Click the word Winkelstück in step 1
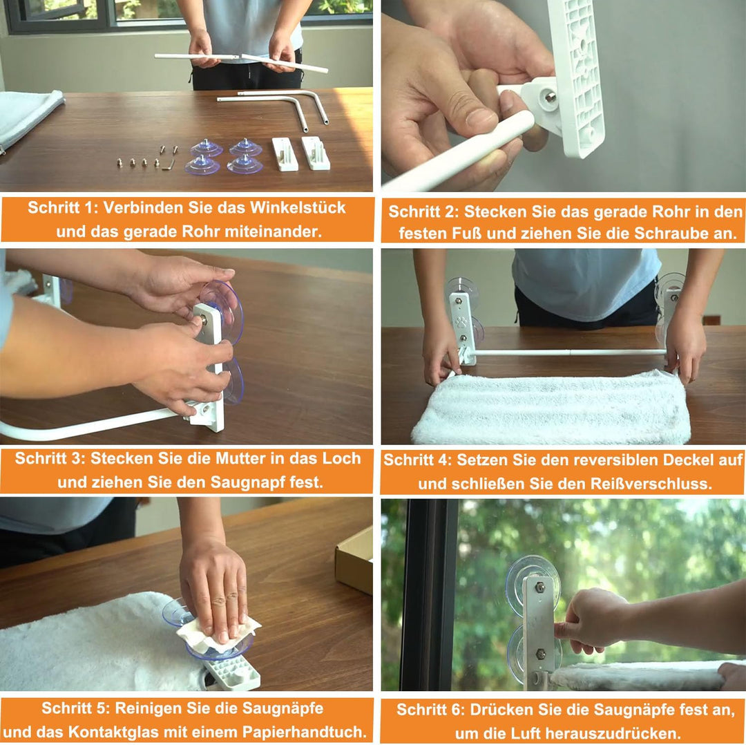[x=298, y=207]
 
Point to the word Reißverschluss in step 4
[x=651, y=484]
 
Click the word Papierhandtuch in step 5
[x=305, y=731]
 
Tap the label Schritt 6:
[x=431, y=709]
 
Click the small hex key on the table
[x=169, y=165]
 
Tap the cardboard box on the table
[x=354, y=560]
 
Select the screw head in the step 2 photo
[x=550, y=97]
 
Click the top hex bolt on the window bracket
[x=539, y=587]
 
